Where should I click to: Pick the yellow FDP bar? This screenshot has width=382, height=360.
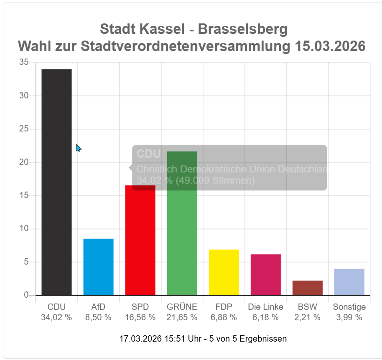pyautogui.click(x=224, y=272)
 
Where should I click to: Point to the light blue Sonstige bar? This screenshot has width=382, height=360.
pyautogui.click(x=349, y=282)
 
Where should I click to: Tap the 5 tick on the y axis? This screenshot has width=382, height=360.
pyautogui.click(x=26, y=262)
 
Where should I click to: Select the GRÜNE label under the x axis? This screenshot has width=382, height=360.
pyautogui.click(x=182, y=307)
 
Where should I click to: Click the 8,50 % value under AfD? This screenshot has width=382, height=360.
pyautogui.click(x=98, y=317)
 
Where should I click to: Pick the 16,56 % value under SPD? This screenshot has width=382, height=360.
pyautogui.click(x=140, y=317)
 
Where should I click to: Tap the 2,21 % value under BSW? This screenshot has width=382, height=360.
pyautogui.click(x=307, y=317)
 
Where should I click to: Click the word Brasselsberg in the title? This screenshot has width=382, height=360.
pyautogui.click(x=242, y=29)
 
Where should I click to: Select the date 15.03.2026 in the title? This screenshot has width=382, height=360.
pyautogui.click(x=330, y=46)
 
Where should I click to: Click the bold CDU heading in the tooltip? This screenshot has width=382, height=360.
pyautogui.click(x=148, y=154)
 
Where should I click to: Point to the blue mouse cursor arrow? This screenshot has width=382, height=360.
pyautogui.click(x=78, y=148)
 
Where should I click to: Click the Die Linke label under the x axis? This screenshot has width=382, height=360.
pyautogui.click(x=265, y=307)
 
